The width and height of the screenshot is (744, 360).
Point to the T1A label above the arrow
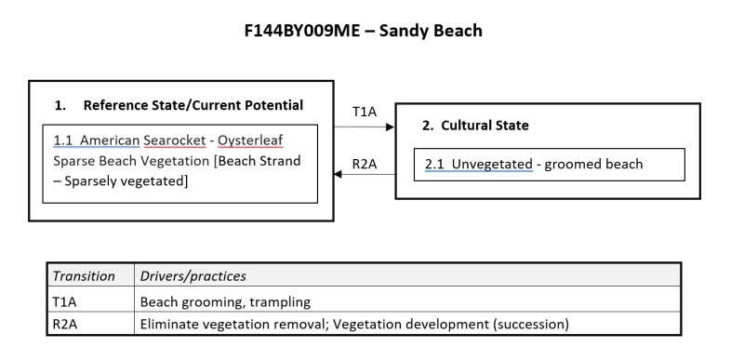click(365, 112)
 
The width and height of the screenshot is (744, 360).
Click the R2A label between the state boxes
click(365, 165)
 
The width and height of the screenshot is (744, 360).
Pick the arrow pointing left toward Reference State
click(365, 174)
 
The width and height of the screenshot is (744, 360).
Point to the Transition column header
click(84, 276)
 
